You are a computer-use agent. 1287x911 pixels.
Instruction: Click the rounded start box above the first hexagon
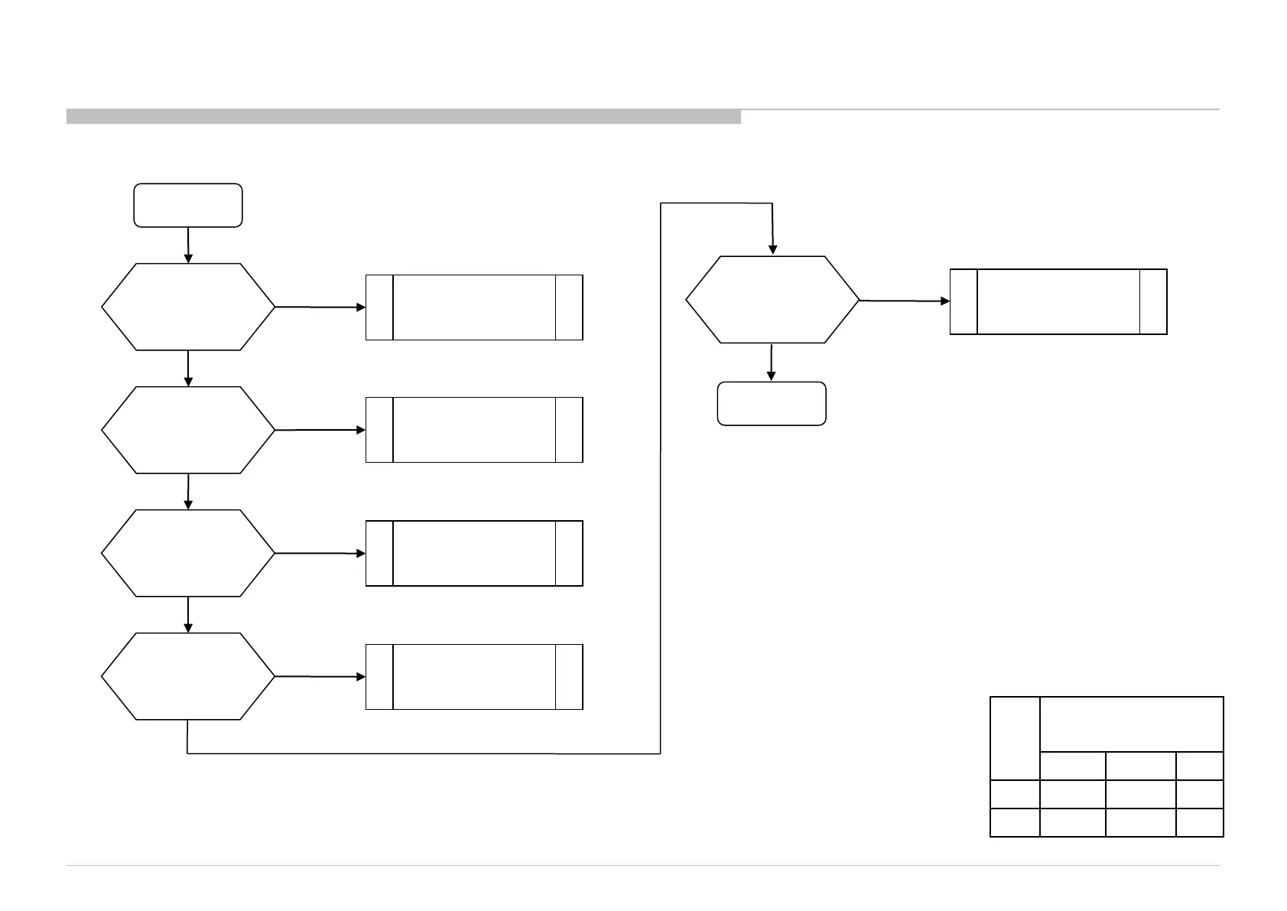point(188,205)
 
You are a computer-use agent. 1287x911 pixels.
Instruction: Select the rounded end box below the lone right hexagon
point(772,403)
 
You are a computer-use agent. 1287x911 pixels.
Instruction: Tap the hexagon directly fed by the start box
point(188,307)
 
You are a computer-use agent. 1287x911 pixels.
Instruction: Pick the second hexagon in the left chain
point(188,430)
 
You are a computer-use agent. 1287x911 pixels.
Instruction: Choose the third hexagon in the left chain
point(188,553)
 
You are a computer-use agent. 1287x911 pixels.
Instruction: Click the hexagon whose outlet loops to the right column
point(188,676)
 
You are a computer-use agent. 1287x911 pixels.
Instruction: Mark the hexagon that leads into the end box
point(772,300)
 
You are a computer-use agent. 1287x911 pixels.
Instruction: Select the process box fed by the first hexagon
point(474,307)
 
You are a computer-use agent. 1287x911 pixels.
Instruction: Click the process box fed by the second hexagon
point(474,430)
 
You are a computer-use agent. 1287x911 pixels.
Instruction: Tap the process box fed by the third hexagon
point(474,553)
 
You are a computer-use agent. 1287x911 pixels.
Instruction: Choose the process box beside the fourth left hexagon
point(474,677)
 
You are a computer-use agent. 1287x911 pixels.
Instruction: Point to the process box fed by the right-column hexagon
point(1058,301)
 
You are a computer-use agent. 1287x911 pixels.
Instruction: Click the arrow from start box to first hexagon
point(188,245)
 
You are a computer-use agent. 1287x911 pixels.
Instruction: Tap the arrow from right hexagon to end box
point(772,363)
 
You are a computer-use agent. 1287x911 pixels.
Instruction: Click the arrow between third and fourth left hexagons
point(188,614)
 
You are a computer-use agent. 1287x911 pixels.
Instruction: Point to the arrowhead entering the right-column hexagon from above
point(773,249)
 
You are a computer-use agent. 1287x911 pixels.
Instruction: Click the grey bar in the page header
point(404,117)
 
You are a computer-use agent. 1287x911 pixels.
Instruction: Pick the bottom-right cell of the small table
point(1200,822)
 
